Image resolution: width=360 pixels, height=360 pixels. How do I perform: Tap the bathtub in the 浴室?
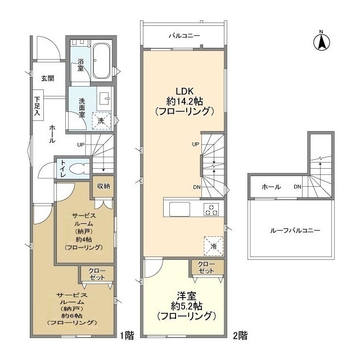click(101, 61)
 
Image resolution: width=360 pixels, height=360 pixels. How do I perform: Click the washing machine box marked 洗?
click(101, 121)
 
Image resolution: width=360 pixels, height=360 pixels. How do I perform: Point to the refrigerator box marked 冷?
click(214, 246)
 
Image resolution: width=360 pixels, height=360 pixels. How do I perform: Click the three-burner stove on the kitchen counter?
click(211, 209)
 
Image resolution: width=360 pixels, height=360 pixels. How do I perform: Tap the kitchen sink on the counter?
click(180, 209)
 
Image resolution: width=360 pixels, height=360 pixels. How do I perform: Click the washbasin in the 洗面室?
click(104, 98)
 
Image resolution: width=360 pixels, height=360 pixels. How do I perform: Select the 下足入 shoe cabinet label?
click(37, 106)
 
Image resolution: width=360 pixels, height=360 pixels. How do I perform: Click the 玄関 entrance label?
click(48, 79)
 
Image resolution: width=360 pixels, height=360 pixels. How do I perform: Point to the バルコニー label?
click(184, 36)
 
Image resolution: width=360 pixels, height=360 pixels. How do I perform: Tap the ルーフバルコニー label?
click(295, 230)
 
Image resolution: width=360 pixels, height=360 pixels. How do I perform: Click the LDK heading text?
click(185, 91)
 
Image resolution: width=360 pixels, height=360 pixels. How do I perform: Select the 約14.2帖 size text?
click(185, 101)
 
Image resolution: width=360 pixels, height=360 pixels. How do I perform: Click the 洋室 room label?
click(186, 296)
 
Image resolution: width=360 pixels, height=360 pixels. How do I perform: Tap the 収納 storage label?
click(103, 186)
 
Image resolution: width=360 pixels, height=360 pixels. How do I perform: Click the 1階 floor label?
click(127, 336)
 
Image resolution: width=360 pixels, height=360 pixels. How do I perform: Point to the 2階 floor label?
click(240, 336)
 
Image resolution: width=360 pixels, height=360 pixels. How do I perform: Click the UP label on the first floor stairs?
click(81, 145)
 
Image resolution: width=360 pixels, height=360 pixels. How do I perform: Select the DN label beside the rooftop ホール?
click(298, 187)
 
